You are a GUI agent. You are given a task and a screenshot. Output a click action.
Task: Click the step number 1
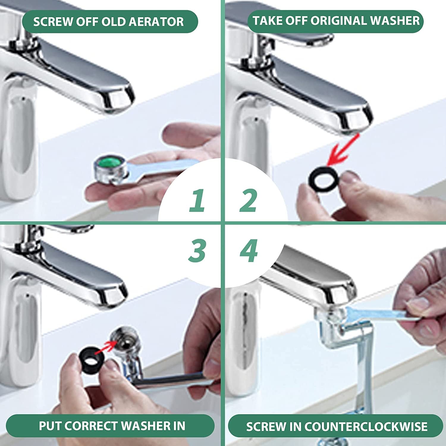point(197,200)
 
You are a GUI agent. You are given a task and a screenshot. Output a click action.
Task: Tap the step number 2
point(248,200)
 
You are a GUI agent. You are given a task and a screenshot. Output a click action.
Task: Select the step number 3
point(197,251)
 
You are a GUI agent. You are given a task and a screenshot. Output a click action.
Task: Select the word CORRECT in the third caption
point(91,426)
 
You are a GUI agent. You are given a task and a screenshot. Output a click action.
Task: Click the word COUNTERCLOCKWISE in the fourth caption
point(366,427)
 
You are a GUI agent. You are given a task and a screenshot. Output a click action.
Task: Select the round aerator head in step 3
point(124,341)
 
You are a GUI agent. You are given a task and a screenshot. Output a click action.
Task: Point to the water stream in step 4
point(364,372)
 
